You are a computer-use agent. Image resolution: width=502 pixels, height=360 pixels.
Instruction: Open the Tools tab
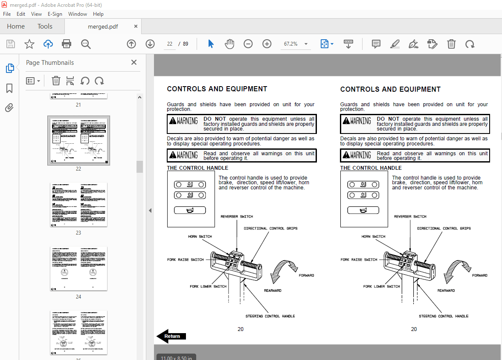tap(45, 26)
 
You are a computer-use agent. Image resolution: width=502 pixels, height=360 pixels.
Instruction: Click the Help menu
tap(98, 14)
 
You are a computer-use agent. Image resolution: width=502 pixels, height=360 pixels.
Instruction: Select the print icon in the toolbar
tap(67, 44)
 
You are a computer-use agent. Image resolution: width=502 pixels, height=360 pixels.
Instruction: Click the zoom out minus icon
tap(248, 44)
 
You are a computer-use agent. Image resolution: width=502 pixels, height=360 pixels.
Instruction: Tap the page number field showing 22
tap(170, 44)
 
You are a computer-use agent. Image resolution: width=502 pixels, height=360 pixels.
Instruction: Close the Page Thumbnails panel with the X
tap(134, 62)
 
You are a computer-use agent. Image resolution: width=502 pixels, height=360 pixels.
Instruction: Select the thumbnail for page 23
tap(78, 204)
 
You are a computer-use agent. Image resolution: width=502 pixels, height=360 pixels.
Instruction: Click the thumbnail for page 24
tap(78, 268)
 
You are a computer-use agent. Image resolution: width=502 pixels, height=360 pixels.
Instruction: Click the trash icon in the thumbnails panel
tap(56, 81)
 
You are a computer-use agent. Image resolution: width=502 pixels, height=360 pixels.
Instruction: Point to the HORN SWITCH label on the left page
tap(200, 236)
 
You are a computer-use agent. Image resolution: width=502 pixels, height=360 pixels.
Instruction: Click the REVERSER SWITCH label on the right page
tap(410, 217)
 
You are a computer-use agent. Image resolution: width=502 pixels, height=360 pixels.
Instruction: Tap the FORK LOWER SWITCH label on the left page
tap(208, 286)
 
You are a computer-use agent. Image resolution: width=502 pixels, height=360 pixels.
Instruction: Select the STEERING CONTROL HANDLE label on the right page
tap(443, 316)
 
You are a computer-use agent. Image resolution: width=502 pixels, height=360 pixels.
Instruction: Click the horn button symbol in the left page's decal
tap(190, 210)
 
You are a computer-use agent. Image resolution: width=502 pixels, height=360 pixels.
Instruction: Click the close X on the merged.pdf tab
tap(136, 26)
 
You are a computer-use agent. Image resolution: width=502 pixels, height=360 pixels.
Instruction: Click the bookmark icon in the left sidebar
tap(9, 88)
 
